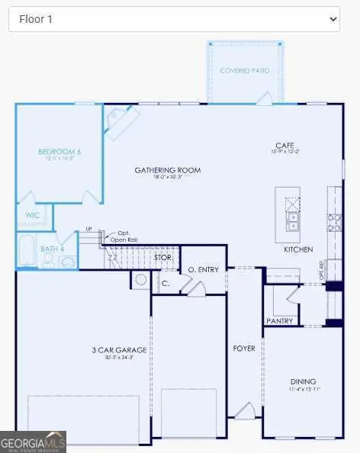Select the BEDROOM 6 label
pos(59,152)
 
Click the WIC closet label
pos(32,215)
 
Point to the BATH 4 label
pos(51,249)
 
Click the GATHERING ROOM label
pos(168,170)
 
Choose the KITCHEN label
pos(297,249)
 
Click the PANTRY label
pos(280,321)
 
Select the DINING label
pos(302,381)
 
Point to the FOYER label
pos(243,349)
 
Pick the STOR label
pos(162,257)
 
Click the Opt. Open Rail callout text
pos(123,236)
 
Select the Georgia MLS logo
pos(33,442)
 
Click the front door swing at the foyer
pos(244,412)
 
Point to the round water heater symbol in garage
pos(140,280)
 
